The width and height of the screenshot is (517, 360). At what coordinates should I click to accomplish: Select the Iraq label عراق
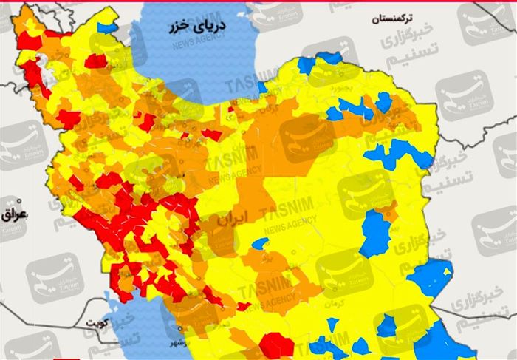tap(14, 214)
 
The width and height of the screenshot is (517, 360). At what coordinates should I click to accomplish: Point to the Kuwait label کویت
tap(117, 323)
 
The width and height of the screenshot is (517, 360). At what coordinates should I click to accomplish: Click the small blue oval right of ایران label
tap(259, 243)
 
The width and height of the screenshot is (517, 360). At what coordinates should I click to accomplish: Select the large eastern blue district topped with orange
tap(376, 233)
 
